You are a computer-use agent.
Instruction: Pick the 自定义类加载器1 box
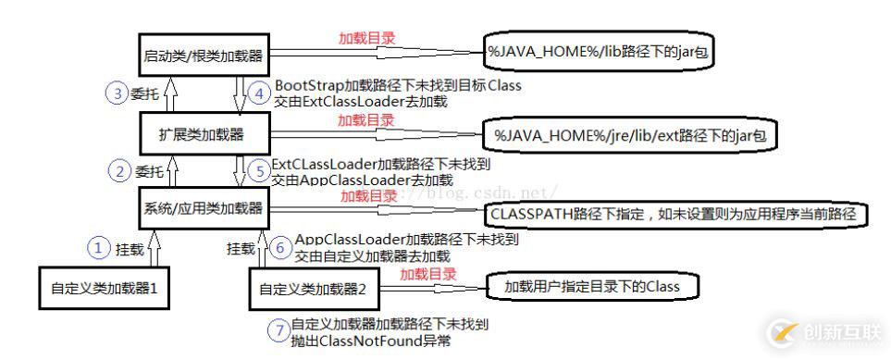(105, 288)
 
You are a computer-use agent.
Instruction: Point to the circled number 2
(118, 170)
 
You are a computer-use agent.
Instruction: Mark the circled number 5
(258, 170)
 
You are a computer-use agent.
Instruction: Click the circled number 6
(280, 248)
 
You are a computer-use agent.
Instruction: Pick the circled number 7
(277, 331)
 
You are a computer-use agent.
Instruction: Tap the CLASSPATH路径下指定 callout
(675, 214)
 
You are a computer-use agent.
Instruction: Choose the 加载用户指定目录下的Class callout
(591, 287)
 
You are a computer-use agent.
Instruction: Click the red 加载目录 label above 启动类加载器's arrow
(368, 39)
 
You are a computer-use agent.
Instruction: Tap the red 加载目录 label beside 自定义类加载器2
(427, 274)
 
